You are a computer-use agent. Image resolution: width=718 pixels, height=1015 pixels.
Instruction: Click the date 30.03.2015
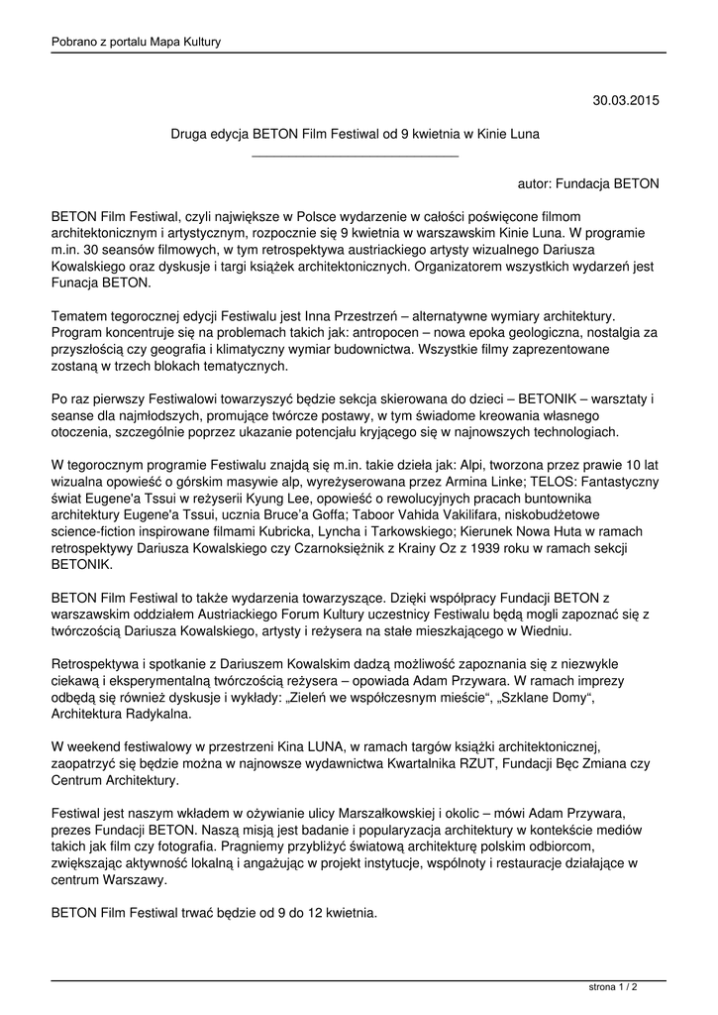pyautogui.click(x=626, y=100)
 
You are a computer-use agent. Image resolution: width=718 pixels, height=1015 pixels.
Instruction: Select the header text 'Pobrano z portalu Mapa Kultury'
pyautogui.click(x=136, y=42)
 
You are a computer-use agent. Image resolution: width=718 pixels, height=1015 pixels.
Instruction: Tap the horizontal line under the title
pyautogui.click(x=356, y=156)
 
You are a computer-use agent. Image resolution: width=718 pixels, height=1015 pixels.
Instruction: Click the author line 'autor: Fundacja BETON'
pyautogui.click(x=588, y=183)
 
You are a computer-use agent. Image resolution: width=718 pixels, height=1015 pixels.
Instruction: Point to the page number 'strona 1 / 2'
pyautogui.click(x=613, y=987)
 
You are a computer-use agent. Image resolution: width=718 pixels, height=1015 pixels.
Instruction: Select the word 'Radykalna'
pyautogui.click(x=158, y=714)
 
